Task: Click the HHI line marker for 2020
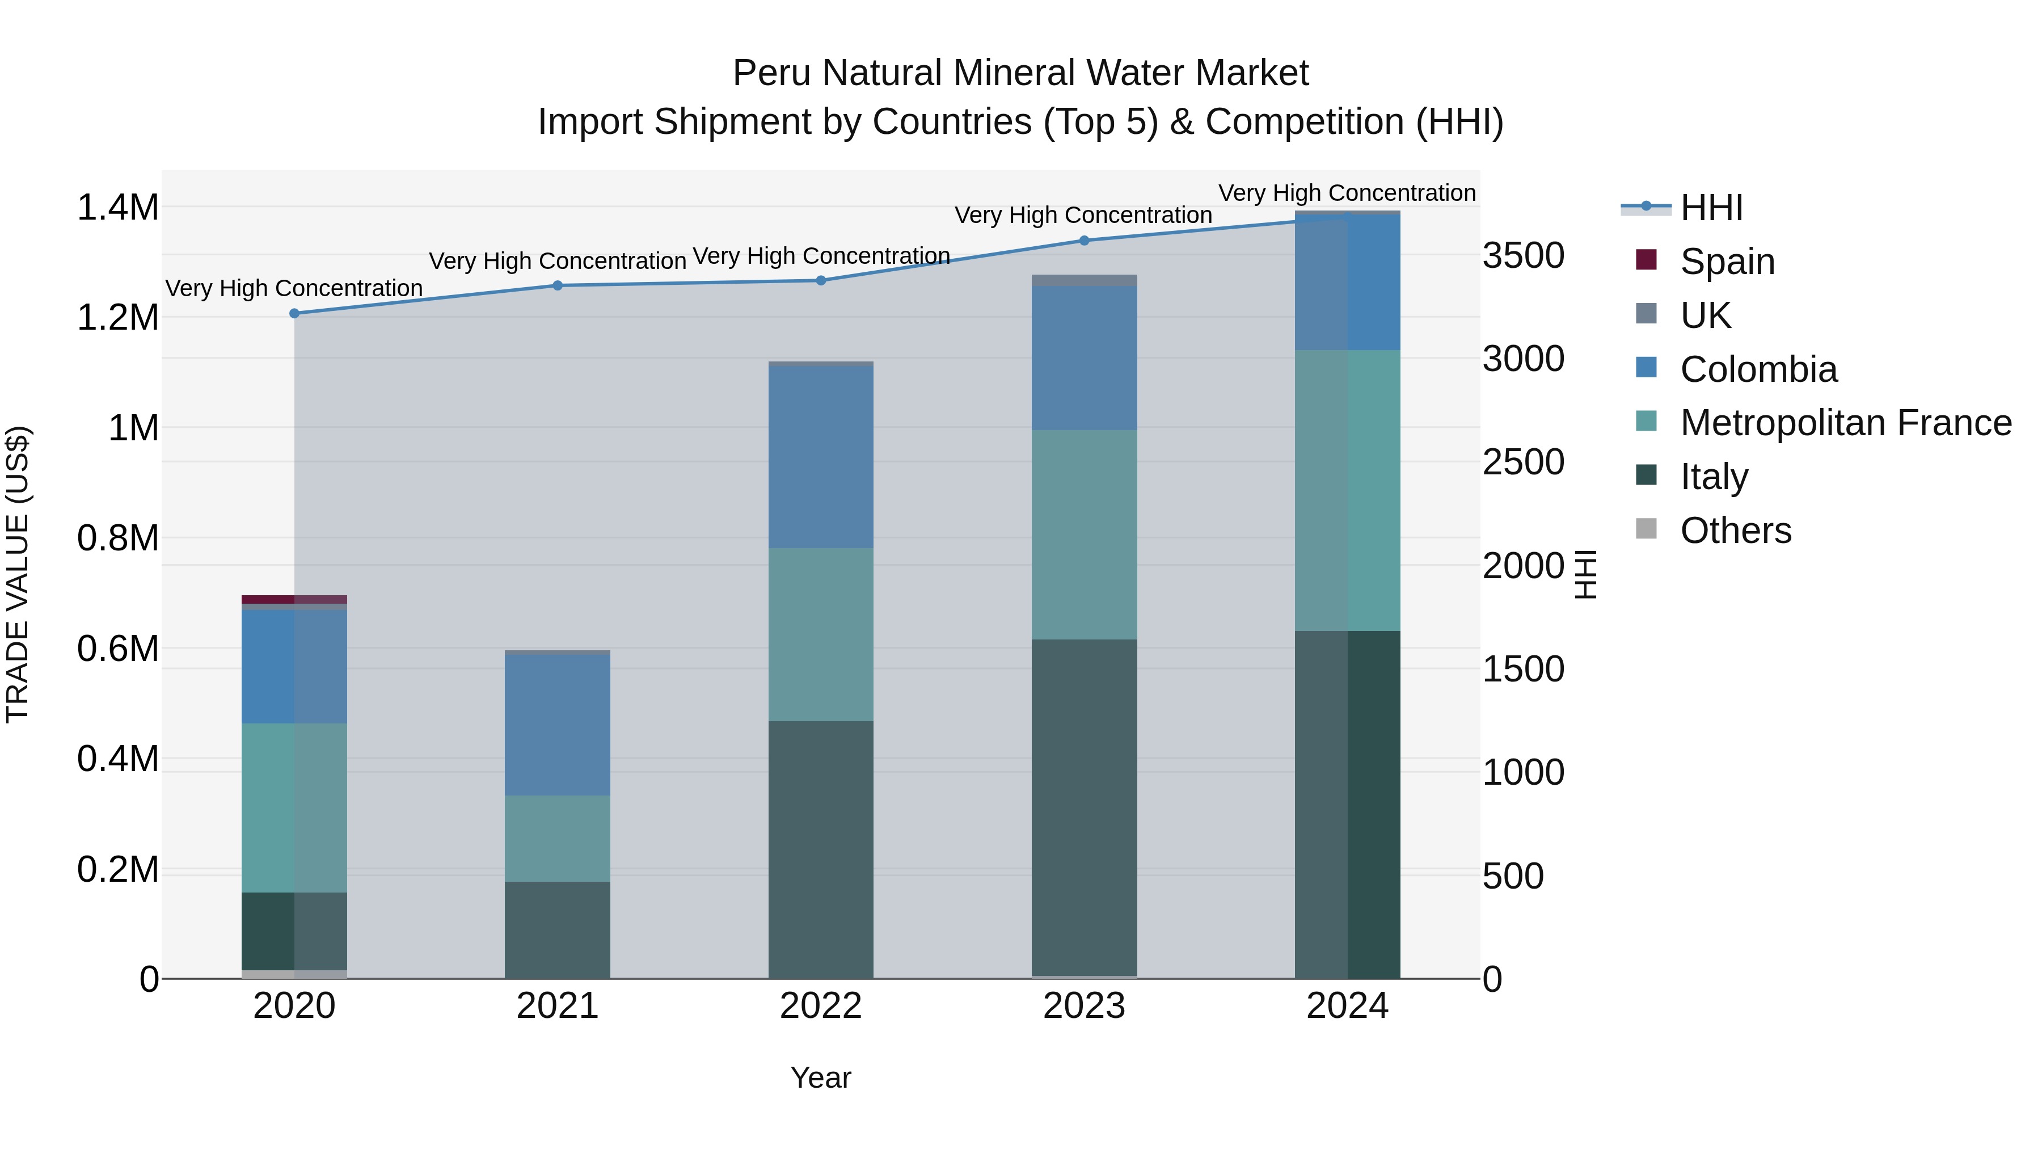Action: tap(294, 313)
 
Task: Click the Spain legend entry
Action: tap(1727, 262)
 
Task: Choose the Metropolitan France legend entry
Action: tap(1845, 423)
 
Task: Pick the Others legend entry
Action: tap(1735, 531)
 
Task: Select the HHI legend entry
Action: tap(1711, 208)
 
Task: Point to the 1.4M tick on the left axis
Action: tap(117, 208)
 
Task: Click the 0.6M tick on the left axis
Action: tap(117, 649)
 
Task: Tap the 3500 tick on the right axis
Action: tap(1524, 255)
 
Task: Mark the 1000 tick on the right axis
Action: tap(1524, 772)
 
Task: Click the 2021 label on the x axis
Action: tap(557, 1006)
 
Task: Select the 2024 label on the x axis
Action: tap(1347, 1006)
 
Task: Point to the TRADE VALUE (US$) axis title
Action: tap(18, 574)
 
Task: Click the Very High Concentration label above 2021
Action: tap(557, 261)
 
